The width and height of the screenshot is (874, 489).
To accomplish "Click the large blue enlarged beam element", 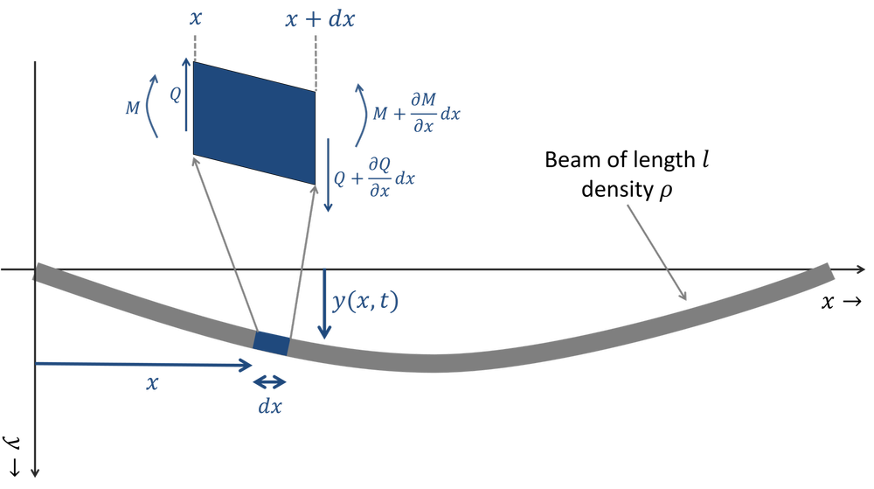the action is click(254, 122).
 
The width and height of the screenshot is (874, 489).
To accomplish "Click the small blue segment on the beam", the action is click(271, 343).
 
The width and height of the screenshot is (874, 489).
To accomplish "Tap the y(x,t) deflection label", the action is click(365, 302).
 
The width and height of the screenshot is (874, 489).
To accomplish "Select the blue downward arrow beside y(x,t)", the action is click(324, 304).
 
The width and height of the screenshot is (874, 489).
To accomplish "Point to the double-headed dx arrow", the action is click(270, 382).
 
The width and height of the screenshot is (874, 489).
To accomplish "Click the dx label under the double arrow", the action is click(270, 407).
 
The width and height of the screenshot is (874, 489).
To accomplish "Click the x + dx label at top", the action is click(320, 19).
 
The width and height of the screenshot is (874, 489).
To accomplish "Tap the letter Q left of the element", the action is click(175, 94).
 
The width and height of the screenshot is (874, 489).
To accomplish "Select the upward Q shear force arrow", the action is click(187, 94).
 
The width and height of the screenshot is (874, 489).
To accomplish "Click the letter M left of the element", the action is click(133, 107).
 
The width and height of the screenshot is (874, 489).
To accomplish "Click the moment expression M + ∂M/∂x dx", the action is click(416, 113).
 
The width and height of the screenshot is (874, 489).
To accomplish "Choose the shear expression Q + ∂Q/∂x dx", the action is click(375, 178).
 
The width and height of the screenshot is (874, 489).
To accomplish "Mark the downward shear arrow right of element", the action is click(329, 175).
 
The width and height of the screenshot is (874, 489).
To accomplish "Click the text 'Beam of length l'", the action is click(627, 160).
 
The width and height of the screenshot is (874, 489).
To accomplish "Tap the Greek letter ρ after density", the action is click(666, 192).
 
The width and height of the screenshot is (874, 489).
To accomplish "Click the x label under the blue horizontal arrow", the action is click(152, 384).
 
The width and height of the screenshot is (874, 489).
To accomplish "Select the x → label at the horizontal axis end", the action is click(842, 302).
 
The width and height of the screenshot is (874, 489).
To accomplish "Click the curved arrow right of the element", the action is click(363, 115).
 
